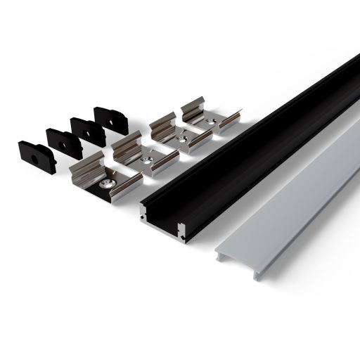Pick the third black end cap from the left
pos(88,131)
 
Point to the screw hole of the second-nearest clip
pos(147,160)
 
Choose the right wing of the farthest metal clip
pos(229,120)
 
